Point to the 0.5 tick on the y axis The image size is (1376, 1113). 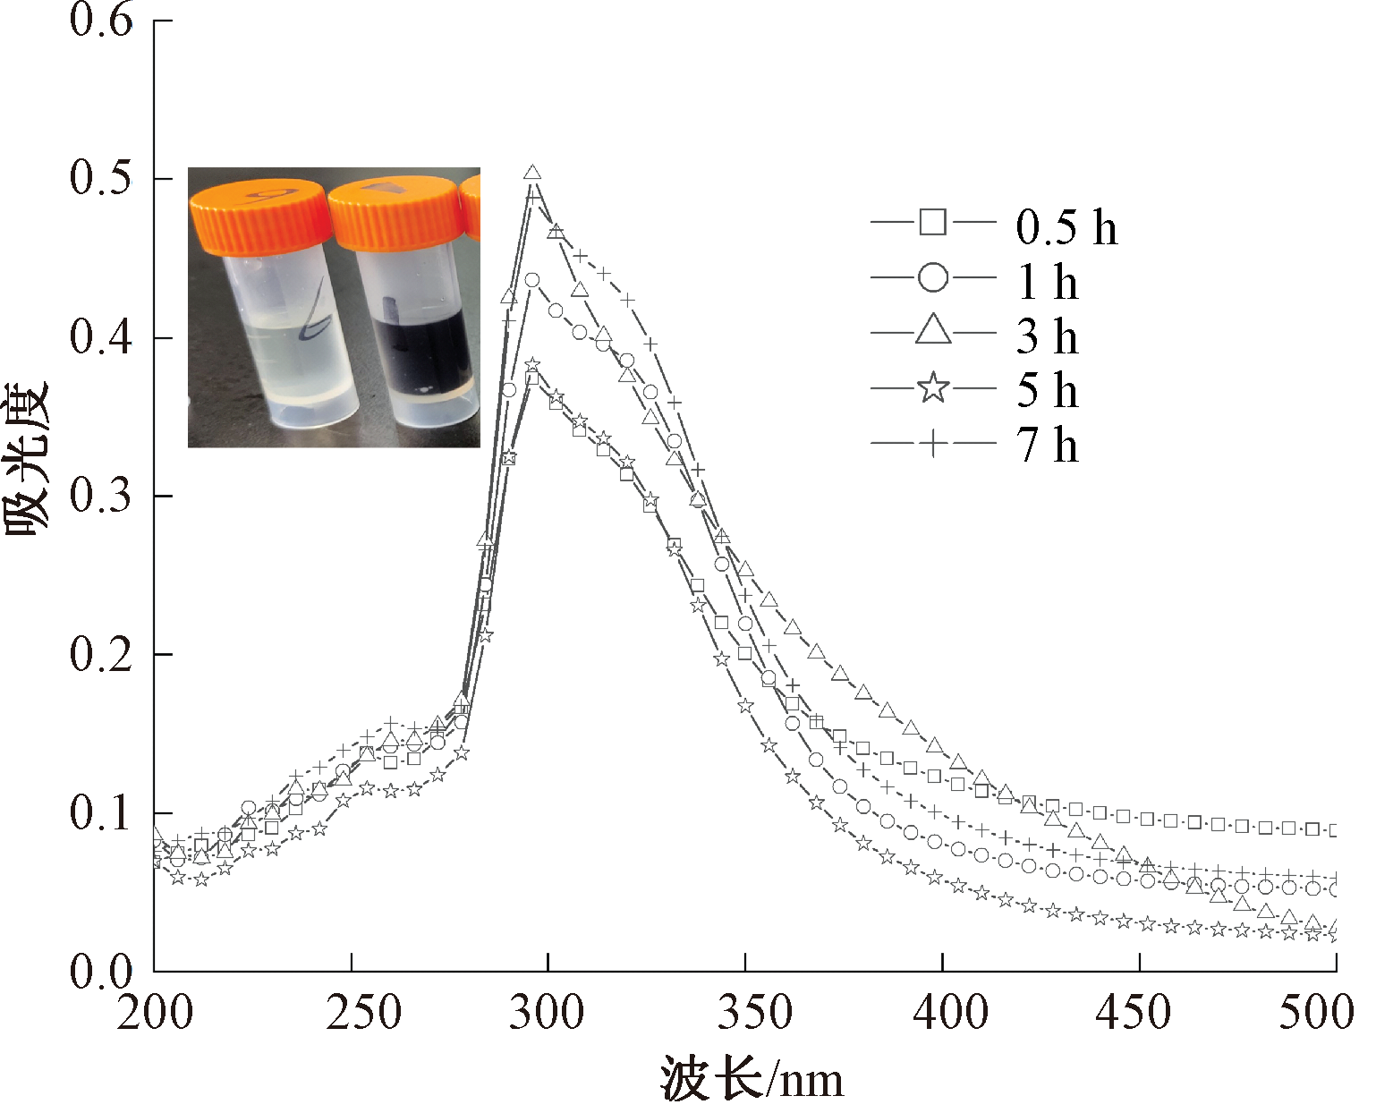(x=101, y=177)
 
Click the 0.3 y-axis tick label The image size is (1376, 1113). (x=101, y=495)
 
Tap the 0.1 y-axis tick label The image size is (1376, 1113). (x=101, y=813)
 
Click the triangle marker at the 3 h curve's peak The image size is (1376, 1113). (x=533, y=173)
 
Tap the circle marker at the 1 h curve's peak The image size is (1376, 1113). (x=532, y=280)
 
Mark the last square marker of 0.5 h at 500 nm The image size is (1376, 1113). (x=1335, y=830)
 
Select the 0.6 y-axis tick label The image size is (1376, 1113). (x=101, y=20)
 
